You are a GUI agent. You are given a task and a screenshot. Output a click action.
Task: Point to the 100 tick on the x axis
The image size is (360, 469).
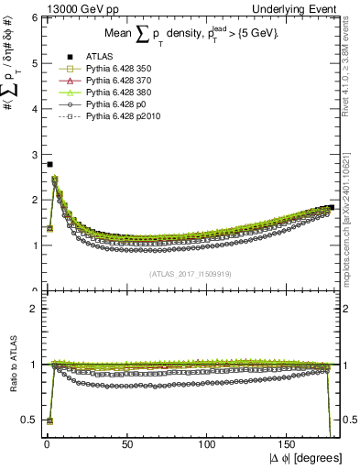coord(209,443)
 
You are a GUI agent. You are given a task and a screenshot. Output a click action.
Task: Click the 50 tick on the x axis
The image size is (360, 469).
coord(127,443)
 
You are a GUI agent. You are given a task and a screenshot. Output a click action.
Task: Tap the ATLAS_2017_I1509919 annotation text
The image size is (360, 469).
coord(189,273)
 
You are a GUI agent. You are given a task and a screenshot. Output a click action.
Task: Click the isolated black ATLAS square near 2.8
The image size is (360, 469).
coord(49,164)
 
